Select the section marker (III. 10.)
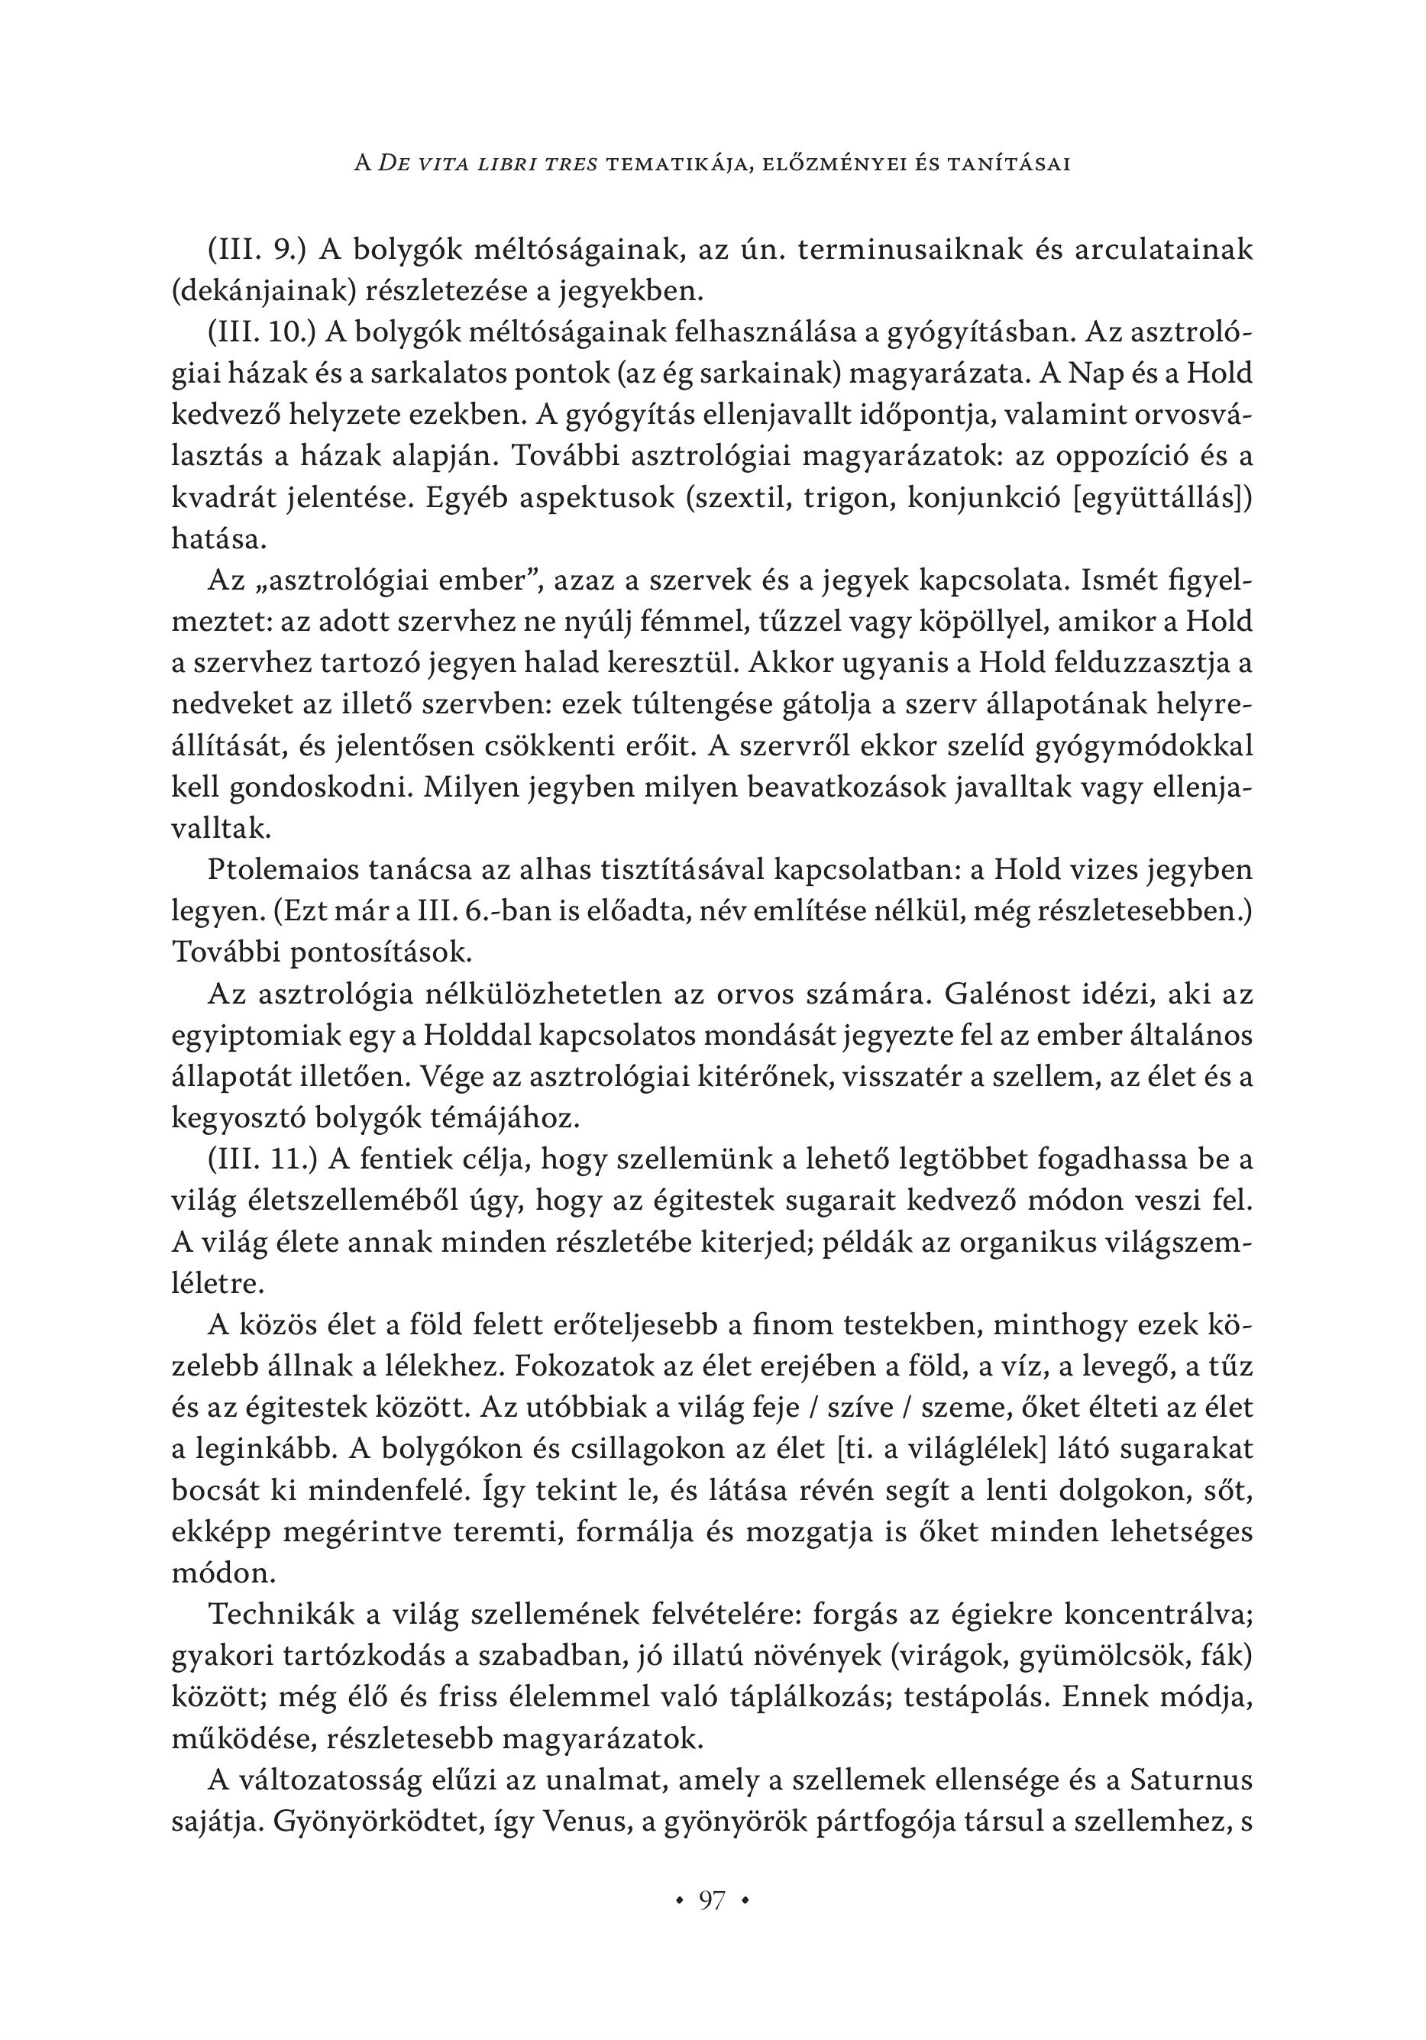coord(261,332)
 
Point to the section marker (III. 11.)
coord(261,1159)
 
